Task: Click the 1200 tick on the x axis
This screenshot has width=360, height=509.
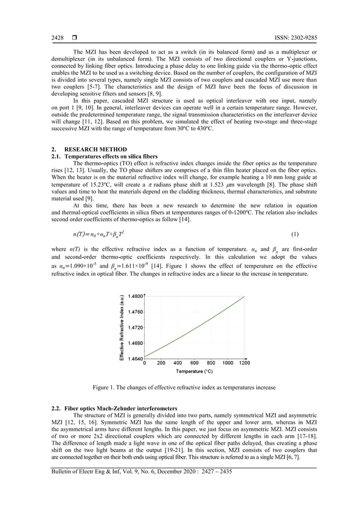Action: (244, 363)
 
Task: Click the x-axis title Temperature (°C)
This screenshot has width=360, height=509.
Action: (194, 372)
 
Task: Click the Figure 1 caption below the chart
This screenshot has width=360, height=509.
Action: (185, 388)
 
